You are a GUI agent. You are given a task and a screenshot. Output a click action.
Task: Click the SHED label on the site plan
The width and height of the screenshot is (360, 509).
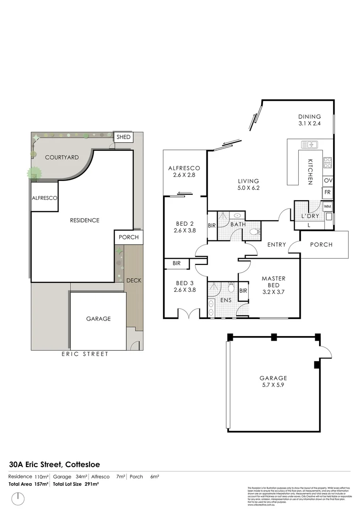pos(123,137)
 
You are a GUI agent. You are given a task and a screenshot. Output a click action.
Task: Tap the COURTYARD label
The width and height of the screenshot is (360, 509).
pos(61,157)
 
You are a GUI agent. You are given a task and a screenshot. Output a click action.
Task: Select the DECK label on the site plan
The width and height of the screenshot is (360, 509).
pos(134,280)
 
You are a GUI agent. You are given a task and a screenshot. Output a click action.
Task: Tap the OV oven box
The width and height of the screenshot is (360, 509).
pos(328,181)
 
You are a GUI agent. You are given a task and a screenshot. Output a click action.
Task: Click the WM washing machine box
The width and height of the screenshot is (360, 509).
pos(327,206)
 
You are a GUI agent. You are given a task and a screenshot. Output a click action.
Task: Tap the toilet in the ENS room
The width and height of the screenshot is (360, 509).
pos(231,287)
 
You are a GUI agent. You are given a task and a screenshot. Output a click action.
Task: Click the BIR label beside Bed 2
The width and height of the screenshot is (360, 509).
pos(212,226)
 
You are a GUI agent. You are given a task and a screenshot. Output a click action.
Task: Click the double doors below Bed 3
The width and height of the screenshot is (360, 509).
pos(188,313)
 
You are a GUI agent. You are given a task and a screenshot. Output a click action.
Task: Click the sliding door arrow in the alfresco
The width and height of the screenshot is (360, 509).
pos(185,193)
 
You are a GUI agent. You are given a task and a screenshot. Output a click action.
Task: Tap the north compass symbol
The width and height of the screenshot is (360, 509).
pos(18,497)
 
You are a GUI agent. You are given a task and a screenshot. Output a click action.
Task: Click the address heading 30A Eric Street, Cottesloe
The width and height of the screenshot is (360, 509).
pos(54,464)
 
